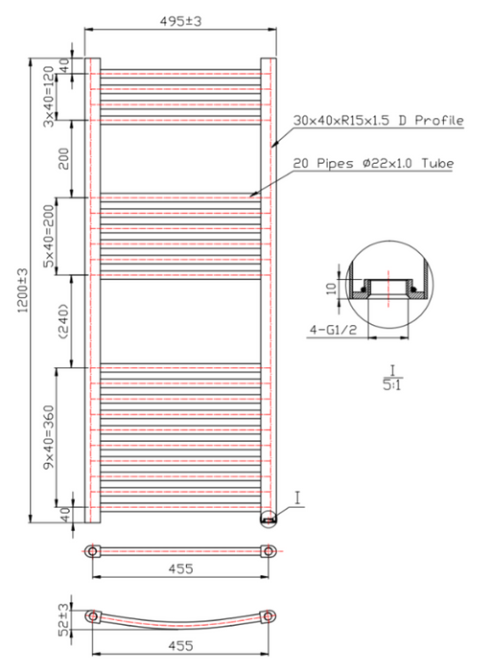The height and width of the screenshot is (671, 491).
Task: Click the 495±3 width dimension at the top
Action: (x=180, y=21)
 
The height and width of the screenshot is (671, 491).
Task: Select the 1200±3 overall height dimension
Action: (x=22, y=290)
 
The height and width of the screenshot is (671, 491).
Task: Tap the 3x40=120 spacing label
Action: (x=50, y=96)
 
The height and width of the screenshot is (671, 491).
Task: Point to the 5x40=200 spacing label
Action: (x=50, y=236)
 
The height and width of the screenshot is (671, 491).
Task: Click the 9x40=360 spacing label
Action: (x=50, y=437)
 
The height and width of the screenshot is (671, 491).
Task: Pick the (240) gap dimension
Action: (x=63, y=322)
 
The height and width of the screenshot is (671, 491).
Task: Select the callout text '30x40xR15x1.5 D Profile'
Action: (x=379, y=120)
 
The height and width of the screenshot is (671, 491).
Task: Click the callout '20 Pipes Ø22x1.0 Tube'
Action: (x=373, y=163)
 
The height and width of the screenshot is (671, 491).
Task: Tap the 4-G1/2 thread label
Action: (x=334, y=330)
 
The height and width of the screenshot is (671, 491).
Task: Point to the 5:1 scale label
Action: (x=392, y=385)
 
